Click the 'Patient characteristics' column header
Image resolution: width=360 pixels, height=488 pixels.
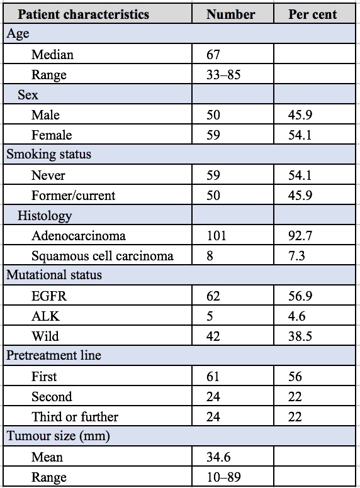point(83,14)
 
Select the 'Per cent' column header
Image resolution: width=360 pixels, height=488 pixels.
point(312,14)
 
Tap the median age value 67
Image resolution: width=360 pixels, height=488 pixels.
point(213,55)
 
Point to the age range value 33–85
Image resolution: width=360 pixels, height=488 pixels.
point(223,75)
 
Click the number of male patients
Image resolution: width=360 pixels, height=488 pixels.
point(213,115)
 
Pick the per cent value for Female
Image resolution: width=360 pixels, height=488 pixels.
point(300,135)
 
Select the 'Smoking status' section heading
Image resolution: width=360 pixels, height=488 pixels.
point(49,154)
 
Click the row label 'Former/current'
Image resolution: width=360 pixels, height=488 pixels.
point(73,196)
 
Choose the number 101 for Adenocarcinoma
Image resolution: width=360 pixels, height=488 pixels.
point(217,236)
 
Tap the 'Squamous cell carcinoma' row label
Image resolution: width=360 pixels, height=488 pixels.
point(103,256)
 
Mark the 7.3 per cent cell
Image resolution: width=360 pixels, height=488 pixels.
point(296,256)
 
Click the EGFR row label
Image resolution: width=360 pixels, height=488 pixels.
point(49,296)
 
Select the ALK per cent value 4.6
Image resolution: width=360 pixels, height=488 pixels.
point(297,316)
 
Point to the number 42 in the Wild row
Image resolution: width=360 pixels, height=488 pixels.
point(213,336)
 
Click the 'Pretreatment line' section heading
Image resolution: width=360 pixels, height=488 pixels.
point(53,355)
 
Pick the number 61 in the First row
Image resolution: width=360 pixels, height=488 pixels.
point(213,377)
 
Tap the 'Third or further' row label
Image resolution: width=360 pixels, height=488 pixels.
point(75,417)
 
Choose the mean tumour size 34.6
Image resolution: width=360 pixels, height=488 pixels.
point(218,457)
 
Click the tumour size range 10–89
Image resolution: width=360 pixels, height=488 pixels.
point(223,477)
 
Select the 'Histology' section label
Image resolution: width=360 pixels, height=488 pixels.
point(45,216)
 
